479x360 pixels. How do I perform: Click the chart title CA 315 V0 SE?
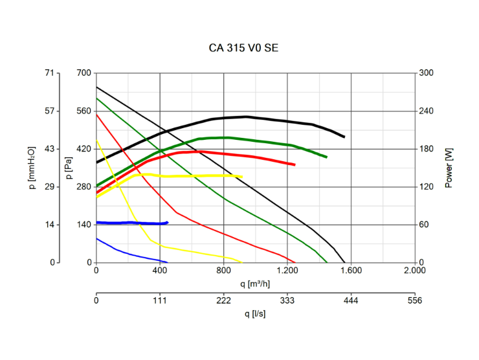[x=244, y=48]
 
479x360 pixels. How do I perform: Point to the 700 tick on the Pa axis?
[x=84, y=73]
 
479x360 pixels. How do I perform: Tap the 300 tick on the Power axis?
[x=427, y=73]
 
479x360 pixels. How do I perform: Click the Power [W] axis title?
[x=449, y=168]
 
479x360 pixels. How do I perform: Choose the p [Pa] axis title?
[x=69, y=168]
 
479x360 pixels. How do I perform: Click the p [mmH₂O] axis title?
[x=32, y=167]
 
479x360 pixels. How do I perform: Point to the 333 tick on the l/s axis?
[x=287, y=300]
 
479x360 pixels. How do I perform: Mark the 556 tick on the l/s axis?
[x=415, y=300]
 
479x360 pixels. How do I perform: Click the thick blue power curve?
[x=129, y=223]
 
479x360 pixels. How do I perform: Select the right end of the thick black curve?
[x=343, y=137]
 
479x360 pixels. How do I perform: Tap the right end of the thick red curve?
[x=294, y=164]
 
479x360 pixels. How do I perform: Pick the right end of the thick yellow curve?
[x=241, y=176]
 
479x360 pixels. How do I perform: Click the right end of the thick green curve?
[x=326, y=157]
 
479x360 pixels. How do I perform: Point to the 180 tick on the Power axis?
[x=427, y=149]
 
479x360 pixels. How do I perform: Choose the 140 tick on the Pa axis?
[x=84, y=225]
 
